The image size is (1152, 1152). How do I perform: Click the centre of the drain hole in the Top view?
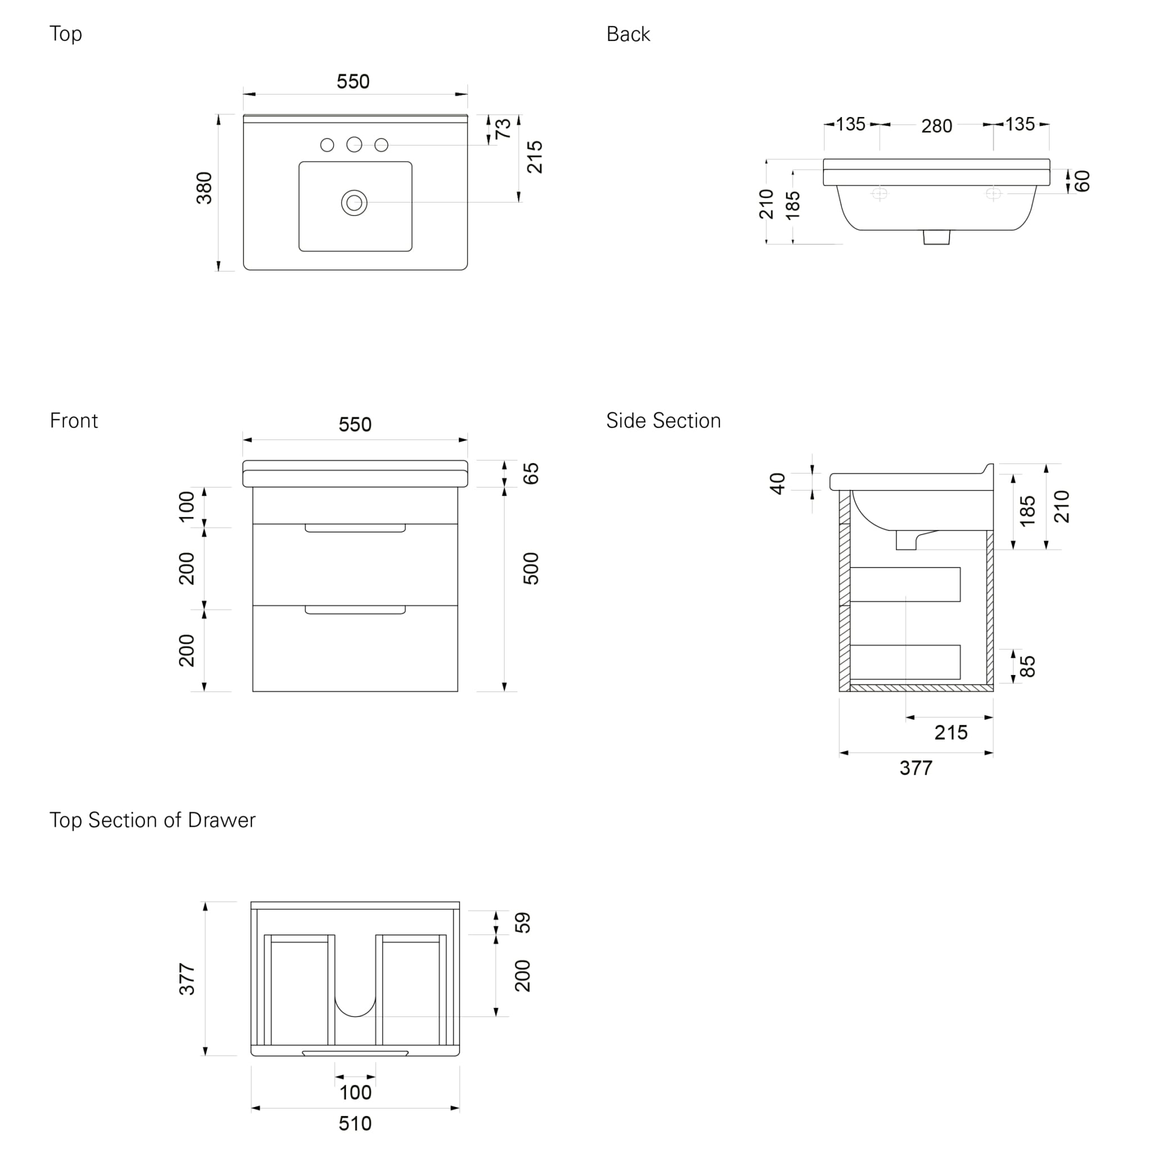coord(354,202)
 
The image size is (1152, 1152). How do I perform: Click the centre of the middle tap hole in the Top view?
coord(354,145)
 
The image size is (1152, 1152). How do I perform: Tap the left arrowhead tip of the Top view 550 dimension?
coord(243,93)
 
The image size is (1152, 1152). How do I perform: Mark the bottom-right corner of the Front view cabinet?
coord(458,692)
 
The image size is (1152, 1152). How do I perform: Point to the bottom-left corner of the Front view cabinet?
coord(253,692)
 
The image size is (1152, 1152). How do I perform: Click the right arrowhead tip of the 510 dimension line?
coord(460,1109)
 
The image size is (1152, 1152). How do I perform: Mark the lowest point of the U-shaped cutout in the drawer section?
coord(355,1016)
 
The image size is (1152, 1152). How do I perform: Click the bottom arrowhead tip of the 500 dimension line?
coord(505,692)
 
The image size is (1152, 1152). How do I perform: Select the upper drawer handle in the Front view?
coord(355,528)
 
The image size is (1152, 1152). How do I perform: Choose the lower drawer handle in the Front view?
coord(355,610)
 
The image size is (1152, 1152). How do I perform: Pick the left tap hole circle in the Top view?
coord(327,145)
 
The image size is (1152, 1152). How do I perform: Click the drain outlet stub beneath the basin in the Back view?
coord(936,237)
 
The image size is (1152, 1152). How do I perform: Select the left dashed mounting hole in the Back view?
coord(880,194)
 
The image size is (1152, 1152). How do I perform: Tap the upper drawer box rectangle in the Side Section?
coord(905,584)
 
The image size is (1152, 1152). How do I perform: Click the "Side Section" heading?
coord(664,421)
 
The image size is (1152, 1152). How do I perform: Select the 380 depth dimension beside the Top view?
coord(205,188)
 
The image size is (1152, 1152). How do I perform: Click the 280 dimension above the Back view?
coord(936,127)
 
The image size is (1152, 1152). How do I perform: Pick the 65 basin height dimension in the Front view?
coord(530,474)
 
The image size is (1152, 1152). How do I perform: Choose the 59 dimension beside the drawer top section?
coord(523,923)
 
